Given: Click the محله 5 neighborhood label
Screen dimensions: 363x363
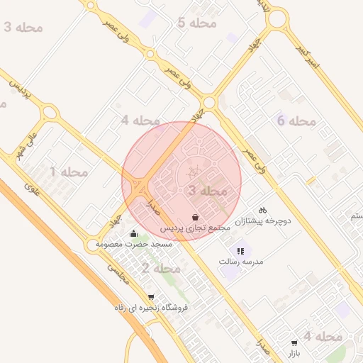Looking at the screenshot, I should [196, 23].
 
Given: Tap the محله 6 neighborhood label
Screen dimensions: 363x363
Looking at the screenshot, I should [296, 121].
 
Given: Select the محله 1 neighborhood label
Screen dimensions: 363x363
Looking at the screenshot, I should [68, 172].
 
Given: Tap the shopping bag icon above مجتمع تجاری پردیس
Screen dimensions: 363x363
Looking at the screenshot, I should [195, 216].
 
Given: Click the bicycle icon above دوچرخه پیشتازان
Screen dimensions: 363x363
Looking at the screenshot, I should [262, 209].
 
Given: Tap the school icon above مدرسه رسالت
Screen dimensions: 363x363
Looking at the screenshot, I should [240, 250].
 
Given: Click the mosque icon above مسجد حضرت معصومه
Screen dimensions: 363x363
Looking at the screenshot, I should [133, 233].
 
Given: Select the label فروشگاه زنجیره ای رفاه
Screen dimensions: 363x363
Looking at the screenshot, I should [151, 308].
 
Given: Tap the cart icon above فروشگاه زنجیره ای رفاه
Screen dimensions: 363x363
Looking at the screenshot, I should [150, 297].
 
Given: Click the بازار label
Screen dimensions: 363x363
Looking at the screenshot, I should [295, 352].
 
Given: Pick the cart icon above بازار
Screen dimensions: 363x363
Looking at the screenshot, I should [295, 342].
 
